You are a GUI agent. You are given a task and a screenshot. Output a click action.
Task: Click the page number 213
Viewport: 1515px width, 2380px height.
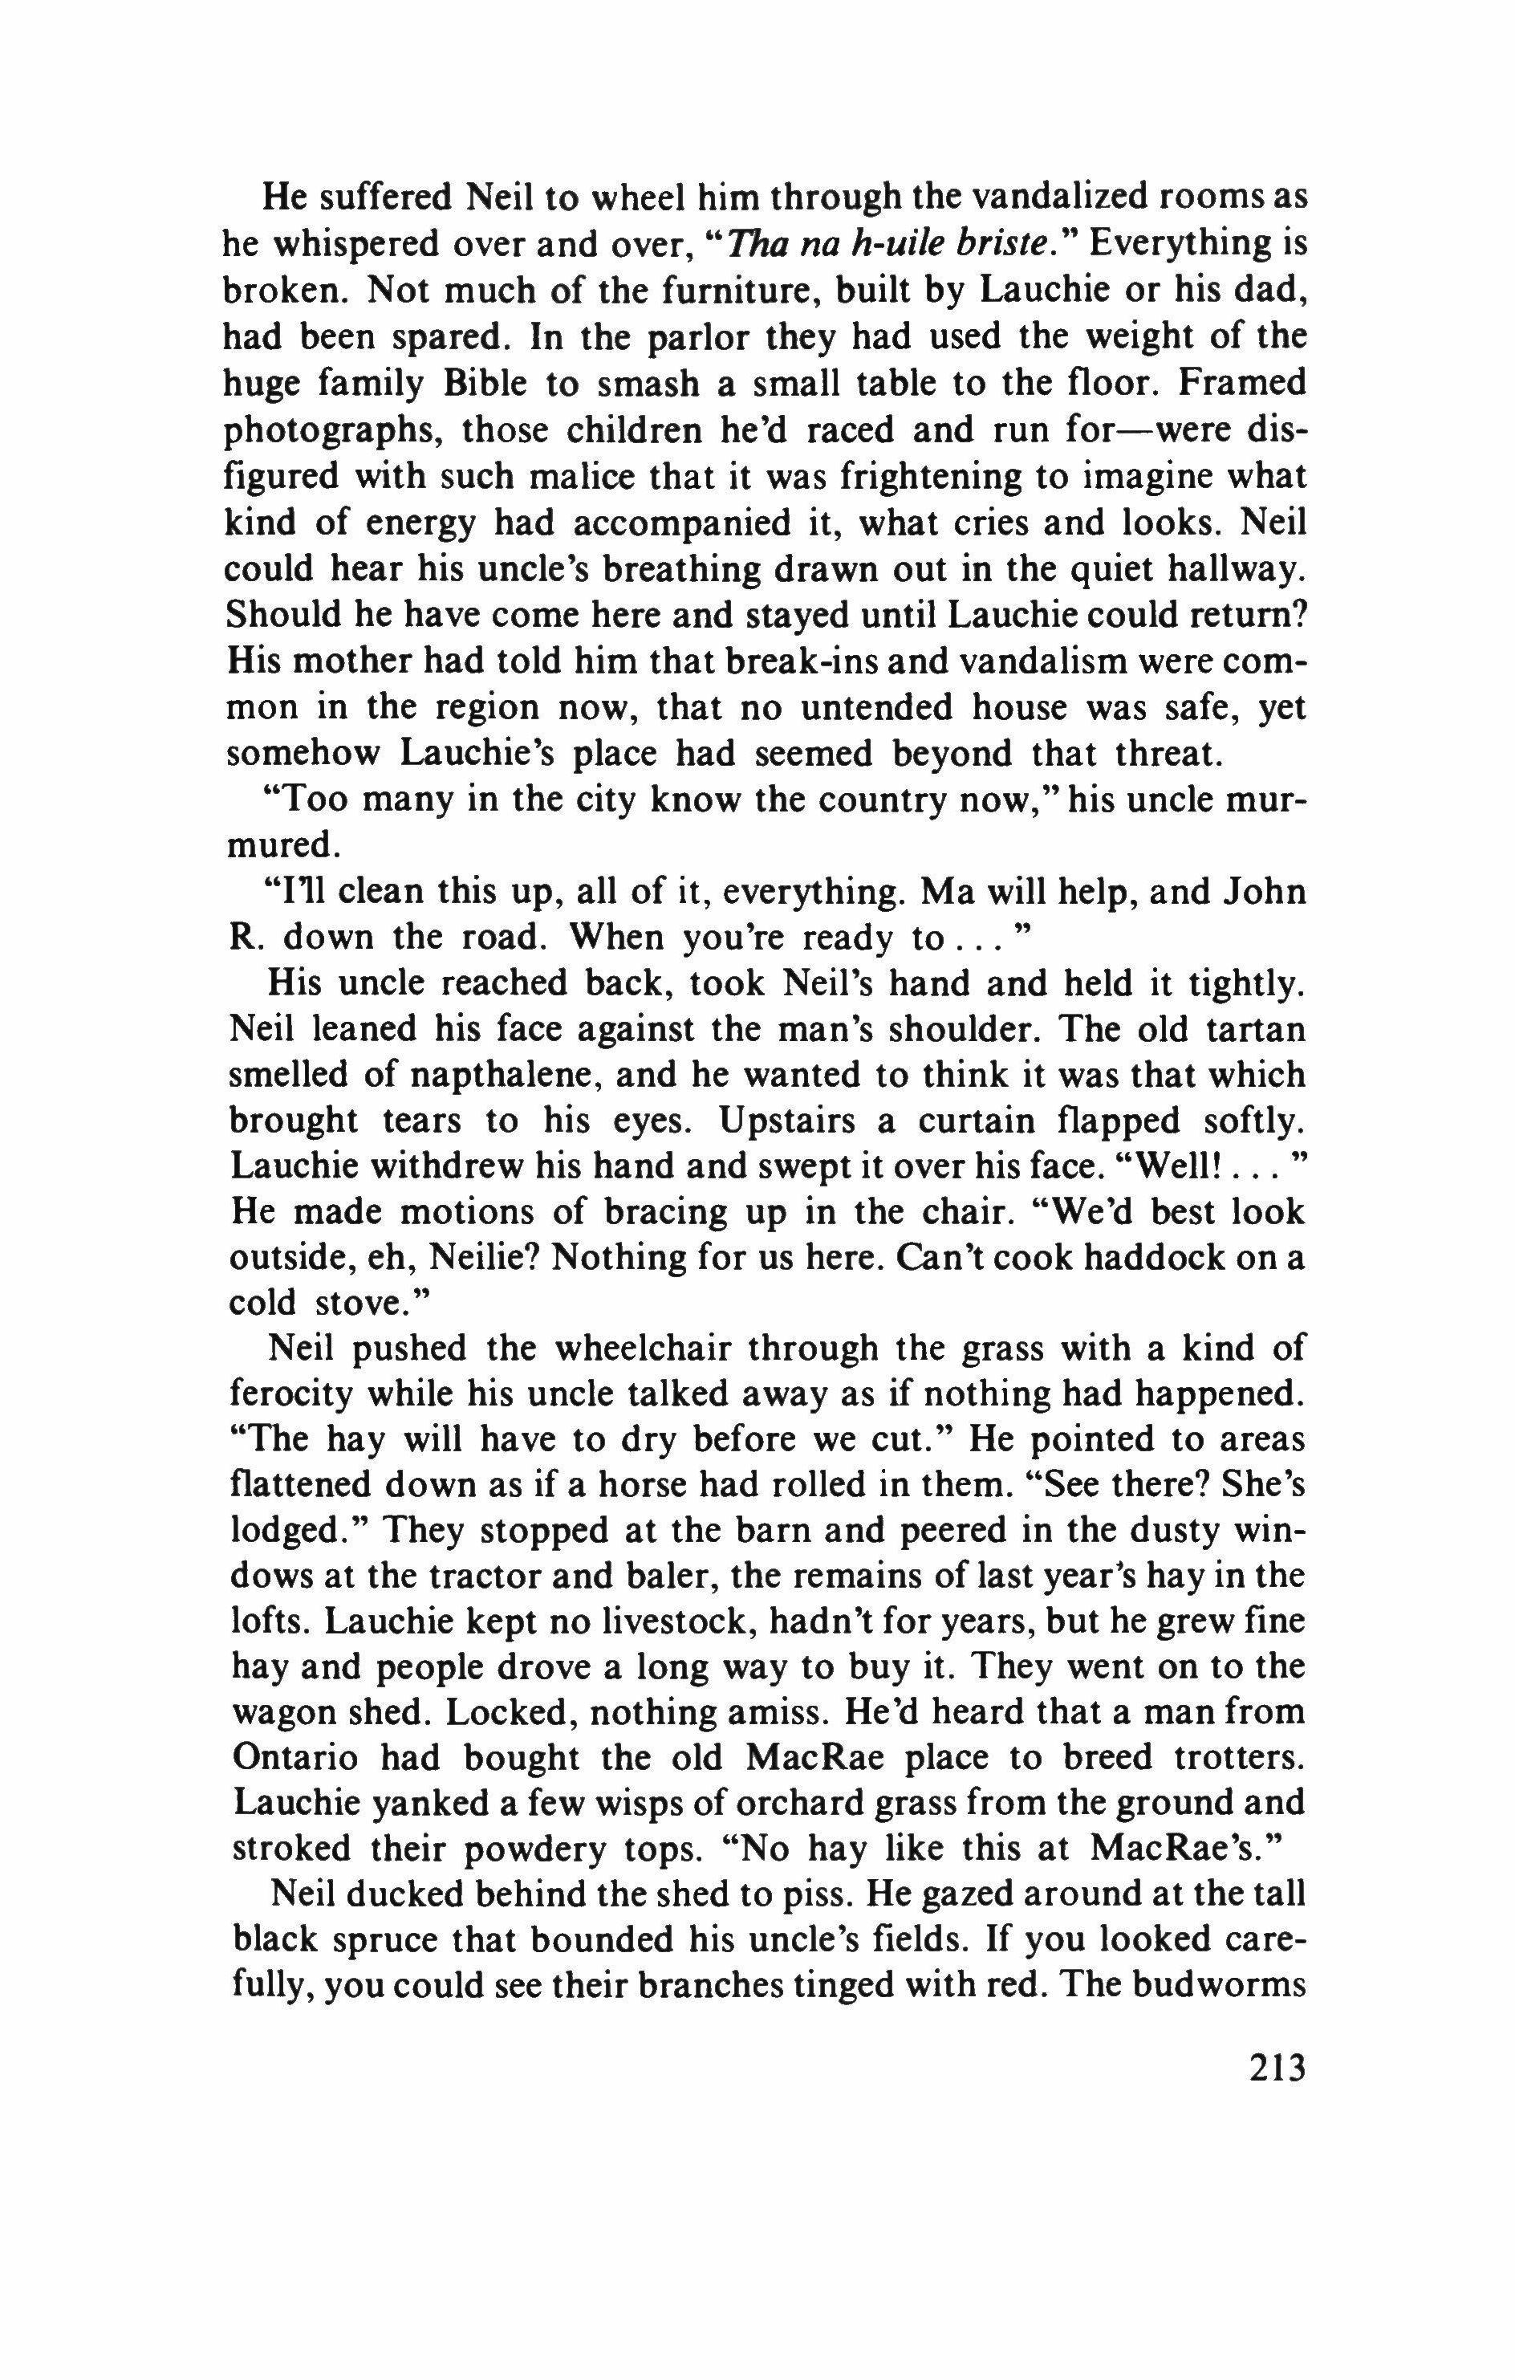click(x=1277, y=2067)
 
